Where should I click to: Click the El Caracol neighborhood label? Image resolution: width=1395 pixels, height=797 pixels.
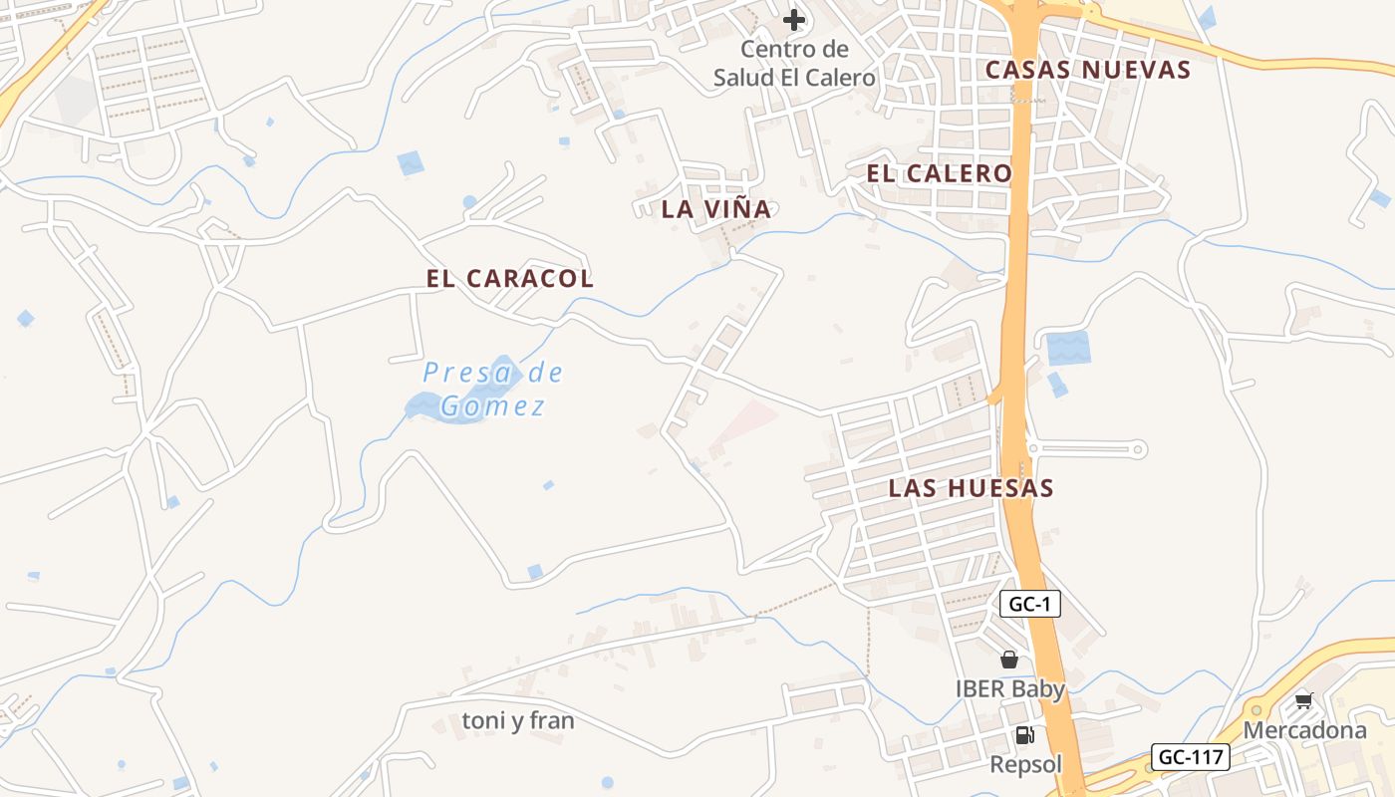tap(509, 279)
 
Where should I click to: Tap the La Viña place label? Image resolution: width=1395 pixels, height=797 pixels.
tap(716, 209)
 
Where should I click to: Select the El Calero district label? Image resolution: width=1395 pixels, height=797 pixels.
tap(939, 173)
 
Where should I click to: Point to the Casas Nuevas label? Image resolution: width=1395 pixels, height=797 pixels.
tap(1088, 70)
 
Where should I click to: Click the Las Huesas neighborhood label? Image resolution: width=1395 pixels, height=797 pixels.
tap(971, 488)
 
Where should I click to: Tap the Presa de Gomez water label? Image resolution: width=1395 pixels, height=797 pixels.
tap(493, 390)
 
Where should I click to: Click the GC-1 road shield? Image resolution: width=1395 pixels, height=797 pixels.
tap(1029, 604)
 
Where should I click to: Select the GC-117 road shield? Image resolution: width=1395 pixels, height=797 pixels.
tap(1191, 757)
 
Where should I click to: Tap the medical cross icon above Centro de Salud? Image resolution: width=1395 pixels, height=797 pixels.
tap(794, 20)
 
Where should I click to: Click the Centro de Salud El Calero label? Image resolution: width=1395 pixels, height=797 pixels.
tap(794, 63)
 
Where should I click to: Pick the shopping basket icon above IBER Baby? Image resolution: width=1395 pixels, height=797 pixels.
tap(1009, 660)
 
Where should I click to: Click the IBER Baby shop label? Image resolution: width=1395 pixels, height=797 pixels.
tap(1010, 688)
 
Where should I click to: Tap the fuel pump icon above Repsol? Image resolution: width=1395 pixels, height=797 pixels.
tap(1024, 736)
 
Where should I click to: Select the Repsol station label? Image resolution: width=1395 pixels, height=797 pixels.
tap(1025, 764)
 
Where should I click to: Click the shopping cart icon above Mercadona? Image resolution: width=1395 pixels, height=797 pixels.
tap(1303, 701)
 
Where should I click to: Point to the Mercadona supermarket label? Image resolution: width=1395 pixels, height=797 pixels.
tap(1304, 730)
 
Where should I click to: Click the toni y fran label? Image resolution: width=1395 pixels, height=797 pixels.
tap(518, 720)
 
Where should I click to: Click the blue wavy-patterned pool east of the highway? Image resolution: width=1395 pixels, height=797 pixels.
tap(1068, 349)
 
